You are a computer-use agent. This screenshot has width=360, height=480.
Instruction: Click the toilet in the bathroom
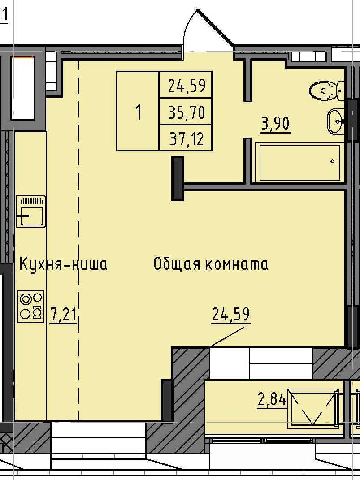[324, 91]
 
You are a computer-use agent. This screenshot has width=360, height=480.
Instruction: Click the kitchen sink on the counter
[30, 211]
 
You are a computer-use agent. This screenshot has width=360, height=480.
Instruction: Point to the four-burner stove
[30, 307]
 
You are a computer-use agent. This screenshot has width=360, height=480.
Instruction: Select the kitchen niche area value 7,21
[63, 315]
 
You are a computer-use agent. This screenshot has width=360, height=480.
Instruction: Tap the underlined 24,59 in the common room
[230, 315]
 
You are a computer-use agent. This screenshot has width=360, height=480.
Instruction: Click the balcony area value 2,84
[272, 399]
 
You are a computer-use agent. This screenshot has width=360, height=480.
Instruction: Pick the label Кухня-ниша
[63, 264]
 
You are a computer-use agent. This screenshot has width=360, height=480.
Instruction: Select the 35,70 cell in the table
[186, 112]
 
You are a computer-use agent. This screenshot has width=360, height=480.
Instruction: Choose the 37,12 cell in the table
[186, 139]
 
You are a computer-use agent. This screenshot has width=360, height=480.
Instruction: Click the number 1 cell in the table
[138, 112]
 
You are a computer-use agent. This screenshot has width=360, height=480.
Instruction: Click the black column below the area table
[178, 178]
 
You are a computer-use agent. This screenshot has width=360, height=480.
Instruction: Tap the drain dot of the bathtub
[333, 161]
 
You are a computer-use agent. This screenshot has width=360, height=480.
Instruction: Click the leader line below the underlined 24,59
[226, 337]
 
